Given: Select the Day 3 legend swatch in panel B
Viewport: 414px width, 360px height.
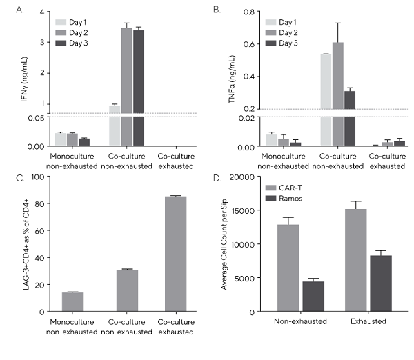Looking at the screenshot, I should click(271, 43).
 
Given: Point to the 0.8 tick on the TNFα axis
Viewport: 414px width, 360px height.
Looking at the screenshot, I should click(246, 12).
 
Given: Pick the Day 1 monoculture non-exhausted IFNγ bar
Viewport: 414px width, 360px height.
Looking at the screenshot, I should click(60, 139).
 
